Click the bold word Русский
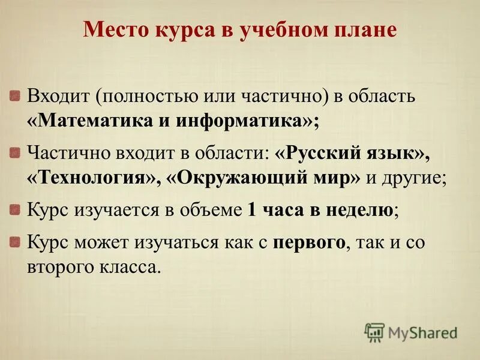[x=322, y=153]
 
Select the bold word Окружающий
[x=227, y=178]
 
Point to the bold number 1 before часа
[x=252, y=210]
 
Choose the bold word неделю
[x=361, y=210]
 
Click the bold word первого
[x=308, y=242]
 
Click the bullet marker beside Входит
[x=16, y=95]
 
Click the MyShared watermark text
[x=422, y=332]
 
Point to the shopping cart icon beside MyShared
[x=374, y=332]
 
